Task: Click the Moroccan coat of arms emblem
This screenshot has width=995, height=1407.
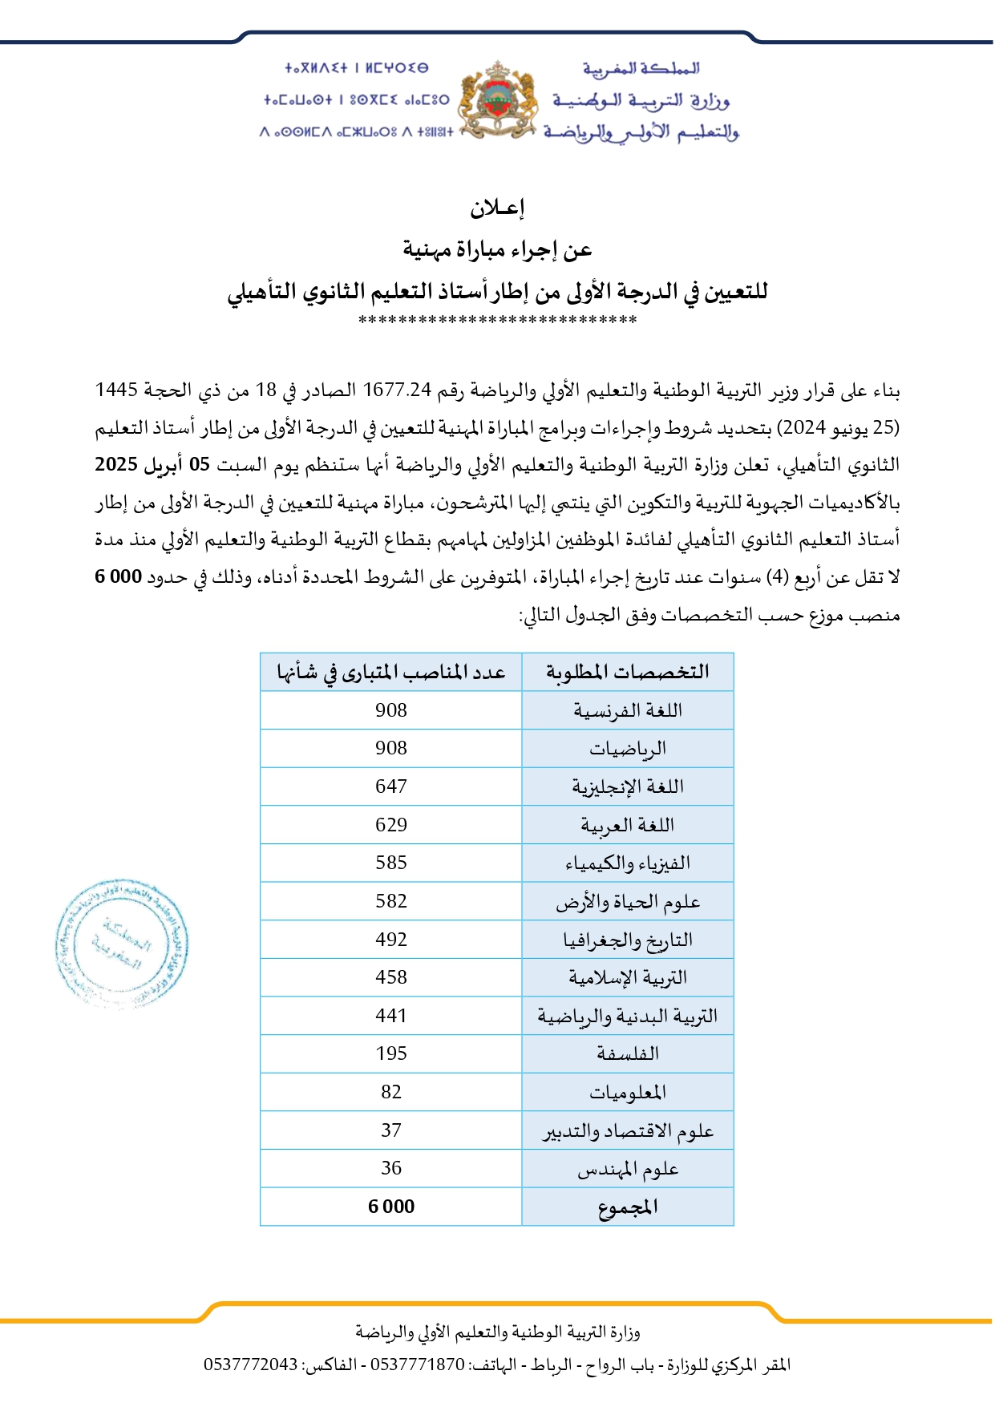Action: pyautogui.click(x=497, y=100)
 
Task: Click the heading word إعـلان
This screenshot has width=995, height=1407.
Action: pyautogui.click(x=497, y=208)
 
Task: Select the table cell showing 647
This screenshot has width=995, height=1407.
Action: pyautogui.click(x=390, y=786)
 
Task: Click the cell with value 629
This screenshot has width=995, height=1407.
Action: pyautogui.click(x=390, y=825)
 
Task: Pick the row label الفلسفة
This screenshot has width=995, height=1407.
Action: pyautogui.click(x=627, y=1053)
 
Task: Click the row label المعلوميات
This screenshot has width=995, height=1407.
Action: pyautogui.click(x=627, y=1092)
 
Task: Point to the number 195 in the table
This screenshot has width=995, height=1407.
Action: pyautogui.click(x=390, y=1053)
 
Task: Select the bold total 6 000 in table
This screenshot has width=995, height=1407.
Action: pyautogui.click(x=390, y=1207)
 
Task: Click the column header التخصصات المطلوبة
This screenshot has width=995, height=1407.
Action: pyautogui.click(x=627, y=672)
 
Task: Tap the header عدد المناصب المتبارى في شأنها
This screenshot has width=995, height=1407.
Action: pyautogui.click(x=390, y=672)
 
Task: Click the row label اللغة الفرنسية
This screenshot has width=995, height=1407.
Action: pyautogui.click(x=627, y=710)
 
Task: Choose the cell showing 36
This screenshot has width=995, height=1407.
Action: pyautogui.click(x=390, y=1168)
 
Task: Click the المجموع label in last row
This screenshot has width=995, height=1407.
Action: pyautogui.click(x=627, y=1207)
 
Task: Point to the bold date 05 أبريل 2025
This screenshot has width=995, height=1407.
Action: pyautogui.click(x=152, y=465)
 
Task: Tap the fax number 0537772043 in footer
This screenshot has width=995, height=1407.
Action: pyautogui.click(x=250, y=1365)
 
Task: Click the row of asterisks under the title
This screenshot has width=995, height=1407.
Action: pyautogui.click(x=497, y=321)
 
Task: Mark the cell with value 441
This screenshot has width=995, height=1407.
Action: pyautogui.click(x=390, y=1016)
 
